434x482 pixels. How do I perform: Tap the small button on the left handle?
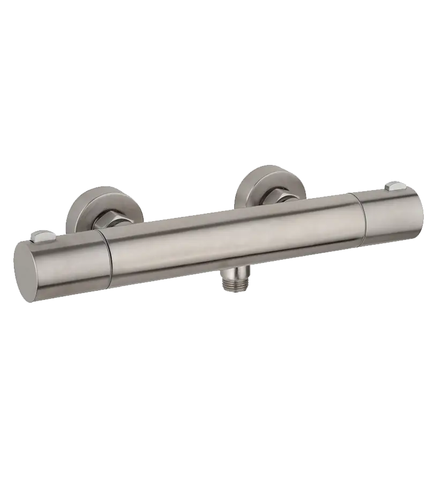pyautogui.click(x=42, y=236)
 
